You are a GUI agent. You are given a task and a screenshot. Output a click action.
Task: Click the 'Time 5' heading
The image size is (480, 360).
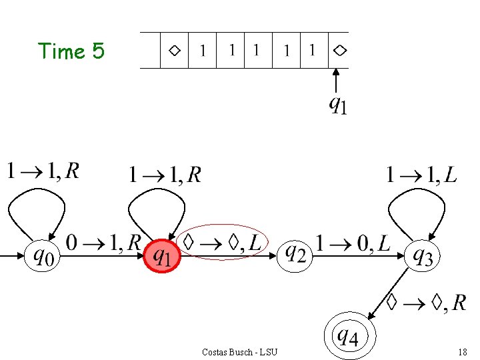(71, 51)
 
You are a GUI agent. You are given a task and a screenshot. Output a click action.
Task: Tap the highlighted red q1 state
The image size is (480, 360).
(163, 256)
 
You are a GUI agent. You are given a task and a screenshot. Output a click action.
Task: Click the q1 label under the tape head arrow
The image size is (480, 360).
(338, 105)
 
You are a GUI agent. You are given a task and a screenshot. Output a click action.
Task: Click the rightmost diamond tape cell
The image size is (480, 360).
(339, 50)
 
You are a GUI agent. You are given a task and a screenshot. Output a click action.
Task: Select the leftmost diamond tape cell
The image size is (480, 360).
(174, 50)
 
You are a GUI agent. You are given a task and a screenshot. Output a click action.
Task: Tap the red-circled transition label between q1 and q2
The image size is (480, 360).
(223, 242)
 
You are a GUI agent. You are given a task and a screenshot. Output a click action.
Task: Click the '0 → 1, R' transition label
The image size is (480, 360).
(103, 242)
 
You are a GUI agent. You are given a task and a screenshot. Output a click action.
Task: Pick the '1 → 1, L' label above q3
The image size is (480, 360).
(421, 175)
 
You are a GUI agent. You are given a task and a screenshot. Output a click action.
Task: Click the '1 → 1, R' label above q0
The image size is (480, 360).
(43, 171)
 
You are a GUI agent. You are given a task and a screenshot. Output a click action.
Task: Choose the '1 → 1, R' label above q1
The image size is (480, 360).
(165, 175)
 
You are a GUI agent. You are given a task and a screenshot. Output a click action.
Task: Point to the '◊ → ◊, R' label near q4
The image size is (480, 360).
(427, 303)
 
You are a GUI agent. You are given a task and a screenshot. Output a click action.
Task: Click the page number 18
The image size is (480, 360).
(462, 352)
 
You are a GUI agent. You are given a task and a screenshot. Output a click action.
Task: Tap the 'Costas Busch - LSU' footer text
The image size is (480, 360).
(239, 352)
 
